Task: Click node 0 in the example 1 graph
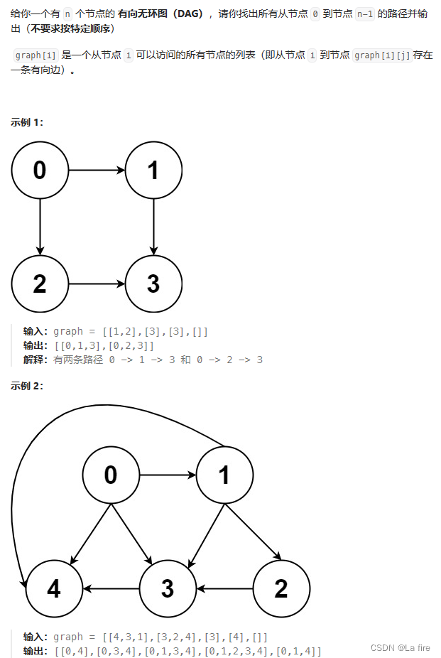pos(40,171)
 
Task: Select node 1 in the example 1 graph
pos(153,171)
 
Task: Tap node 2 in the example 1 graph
pos(40,284)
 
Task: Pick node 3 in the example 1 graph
pos(153,284)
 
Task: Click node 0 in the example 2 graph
pos(111,475)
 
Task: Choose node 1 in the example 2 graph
pos(224,475)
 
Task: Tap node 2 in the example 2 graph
pos(281,588)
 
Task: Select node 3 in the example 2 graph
pos(168,588)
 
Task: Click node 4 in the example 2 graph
pos(54,588)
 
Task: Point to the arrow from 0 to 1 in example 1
pos(97,171)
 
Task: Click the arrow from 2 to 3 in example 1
pos(97,284)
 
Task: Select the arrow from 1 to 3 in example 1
pos(153,227)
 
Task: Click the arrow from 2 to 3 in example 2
pos(224,588)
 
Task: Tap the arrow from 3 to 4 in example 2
pos(111,588)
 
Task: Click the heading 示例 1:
pos(27,122)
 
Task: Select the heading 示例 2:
pos(27,386)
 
